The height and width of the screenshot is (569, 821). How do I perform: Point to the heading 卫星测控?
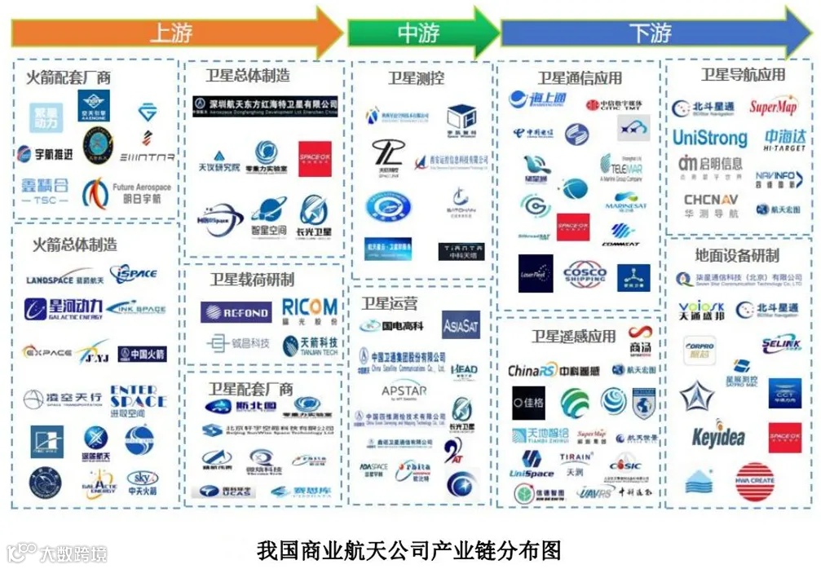(416, 78)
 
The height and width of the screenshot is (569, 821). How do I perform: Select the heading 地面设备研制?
(737, 255)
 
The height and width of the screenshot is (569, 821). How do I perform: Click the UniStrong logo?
(709, 137)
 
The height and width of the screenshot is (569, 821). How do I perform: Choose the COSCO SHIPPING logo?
(585, 274)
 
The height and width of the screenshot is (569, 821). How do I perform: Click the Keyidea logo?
(718, 436)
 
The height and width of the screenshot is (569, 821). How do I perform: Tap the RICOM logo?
(309, 309)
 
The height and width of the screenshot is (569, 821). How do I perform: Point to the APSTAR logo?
(405, 393)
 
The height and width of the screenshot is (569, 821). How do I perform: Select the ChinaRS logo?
(532, 371)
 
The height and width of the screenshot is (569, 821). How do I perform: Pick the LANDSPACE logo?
(65, 280)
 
